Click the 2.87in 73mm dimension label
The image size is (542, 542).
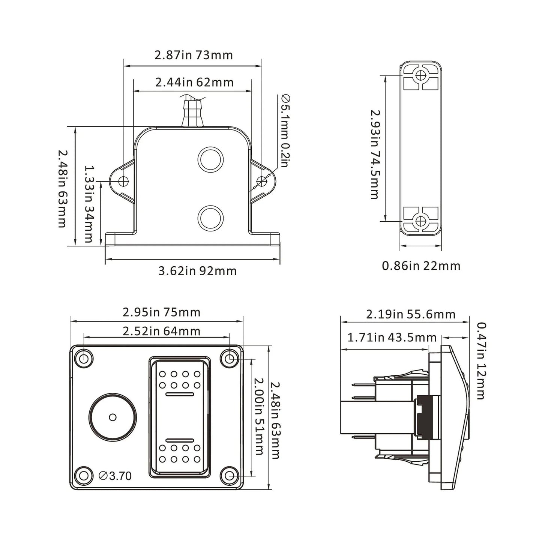click(x=194, y=55)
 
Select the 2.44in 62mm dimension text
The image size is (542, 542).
click(x=194, y=82)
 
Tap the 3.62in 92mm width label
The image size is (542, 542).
click(x=197, y=271)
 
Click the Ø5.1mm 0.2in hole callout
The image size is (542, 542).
click(x=285, y=131)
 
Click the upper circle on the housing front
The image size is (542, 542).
click(x=210, y=159)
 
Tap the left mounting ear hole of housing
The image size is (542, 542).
click(x=123, y=182)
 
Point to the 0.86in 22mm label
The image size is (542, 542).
click(x=421, y=266)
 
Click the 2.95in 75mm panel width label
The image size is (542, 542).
click(x=161, y=312)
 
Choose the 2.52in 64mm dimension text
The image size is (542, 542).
click(x=161, y=331)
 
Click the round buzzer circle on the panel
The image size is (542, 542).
click(x=113, y=417)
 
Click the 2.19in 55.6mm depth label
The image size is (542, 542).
click(x=410, y=314)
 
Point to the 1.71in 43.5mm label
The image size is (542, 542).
click(x=392, y=338)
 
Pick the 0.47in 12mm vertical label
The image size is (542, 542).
click(x=480, y=361)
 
